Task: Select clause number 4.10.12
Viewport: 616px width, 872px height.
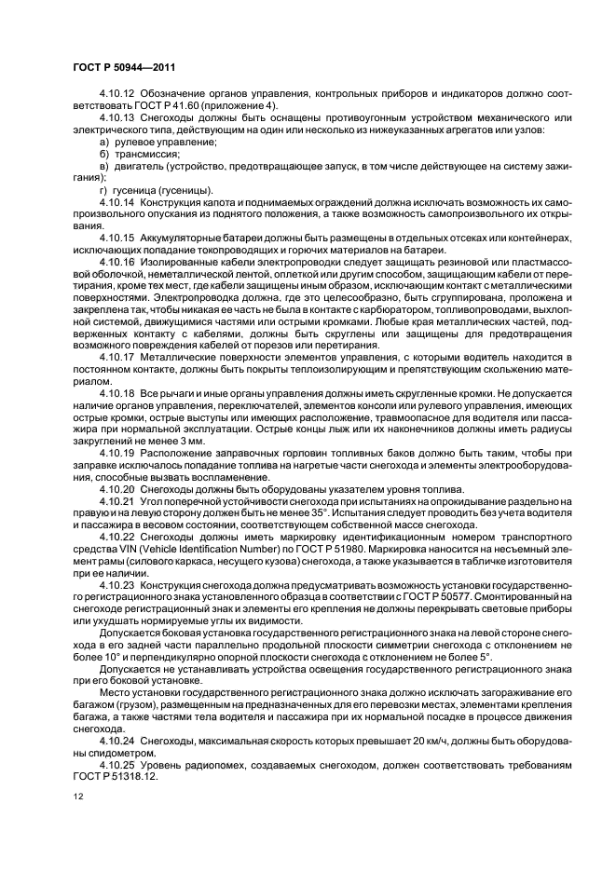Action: coord(116,120)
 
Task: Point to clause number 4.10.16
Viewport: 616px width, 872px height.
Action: coord(116,264)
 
